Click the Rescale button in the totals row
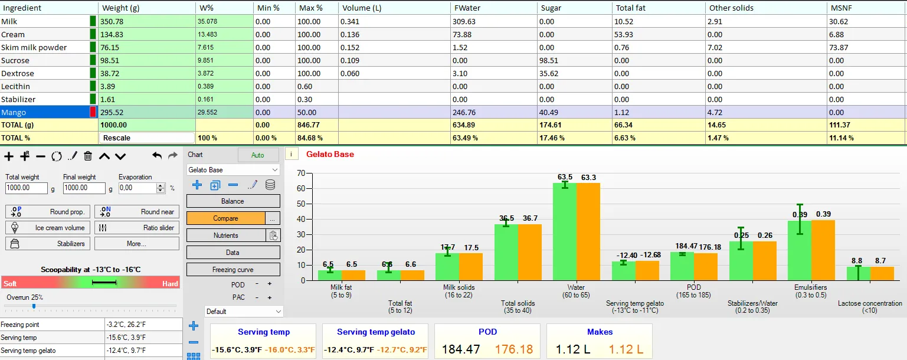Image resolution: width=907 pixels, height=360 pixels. pos(146,138)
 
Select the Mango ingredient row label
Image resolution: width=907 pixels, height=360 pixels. pos(14,112)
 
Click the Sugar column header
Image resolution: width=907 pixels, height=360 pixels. pos(551,8)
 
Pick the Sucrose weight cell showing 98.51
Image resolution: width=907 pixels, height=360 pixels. pos(146,60)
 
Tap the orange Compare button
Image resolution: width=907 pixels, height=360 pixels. pos(225,218)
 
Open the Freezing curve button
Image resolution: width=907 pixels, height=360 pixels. pos(233,270)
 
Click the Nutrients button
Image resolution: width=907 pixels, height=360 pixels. pos(225,235)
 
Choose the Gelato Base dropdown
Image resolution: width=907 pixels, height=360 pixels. pos(233,170)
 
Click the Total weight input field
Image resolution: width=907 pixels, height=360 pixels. pos(27,188)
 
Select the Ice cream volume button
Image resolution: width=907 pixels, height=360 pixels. pos(48,228)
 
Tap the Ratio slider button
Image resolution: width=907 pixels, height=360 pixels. pos(137,228)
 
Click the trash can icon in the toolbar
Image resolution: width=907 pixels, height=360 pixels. pos(88,156)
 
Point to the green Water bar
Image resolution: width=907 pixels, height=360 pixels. pos(565,231)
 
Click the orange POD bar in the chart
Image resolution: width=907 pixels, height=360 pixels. pos(705,267)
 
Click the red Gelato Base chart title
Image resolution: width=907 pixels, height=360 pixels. pos(330,154)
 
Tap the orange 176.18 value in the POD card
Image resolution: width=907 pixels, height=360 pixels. pos(514,349)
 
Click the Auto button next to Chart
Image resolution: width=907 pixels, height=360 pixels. pos(258,155)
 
